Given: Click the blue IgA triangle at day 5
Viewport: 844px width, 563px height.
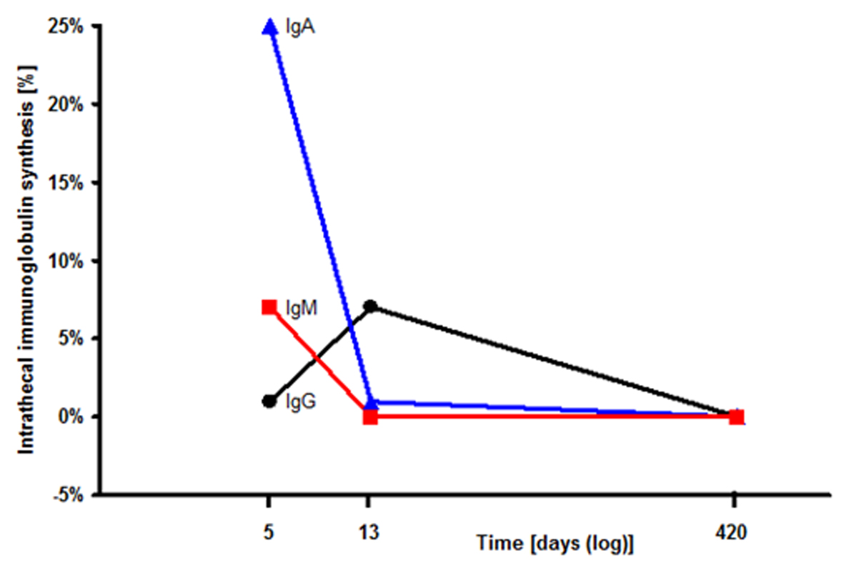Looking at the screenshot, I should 269,27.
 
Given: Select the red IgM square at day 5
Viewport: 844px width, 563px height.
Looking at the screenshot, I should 269,307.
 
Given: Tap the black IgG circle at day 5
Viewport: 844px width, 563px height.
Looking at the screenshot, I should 269,401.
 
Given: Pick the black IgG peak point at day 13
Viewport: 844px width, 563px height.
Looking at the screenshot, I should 370,307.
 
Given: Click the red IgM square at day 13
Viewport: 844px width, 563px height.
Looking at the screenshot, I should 370,417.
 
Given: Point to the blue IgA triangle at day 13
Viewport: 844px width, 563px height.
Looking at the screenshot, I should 370,404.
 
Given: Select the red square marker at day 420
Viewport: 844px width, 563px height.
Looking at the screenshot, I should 736,417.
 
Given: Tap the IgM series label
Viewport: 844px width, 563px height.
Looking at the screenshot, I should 300,309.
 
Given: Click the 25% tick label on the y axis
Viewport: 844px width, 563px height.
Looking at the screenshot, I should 67,27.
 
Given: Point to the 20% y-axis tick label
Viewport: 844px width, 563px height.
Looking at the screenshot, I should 67,105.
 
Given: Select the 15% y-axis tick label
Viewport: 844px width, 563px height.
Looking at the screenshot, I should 67,183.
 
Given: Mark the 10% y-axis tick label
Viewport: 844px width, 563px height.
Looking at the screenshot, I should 67,261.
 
